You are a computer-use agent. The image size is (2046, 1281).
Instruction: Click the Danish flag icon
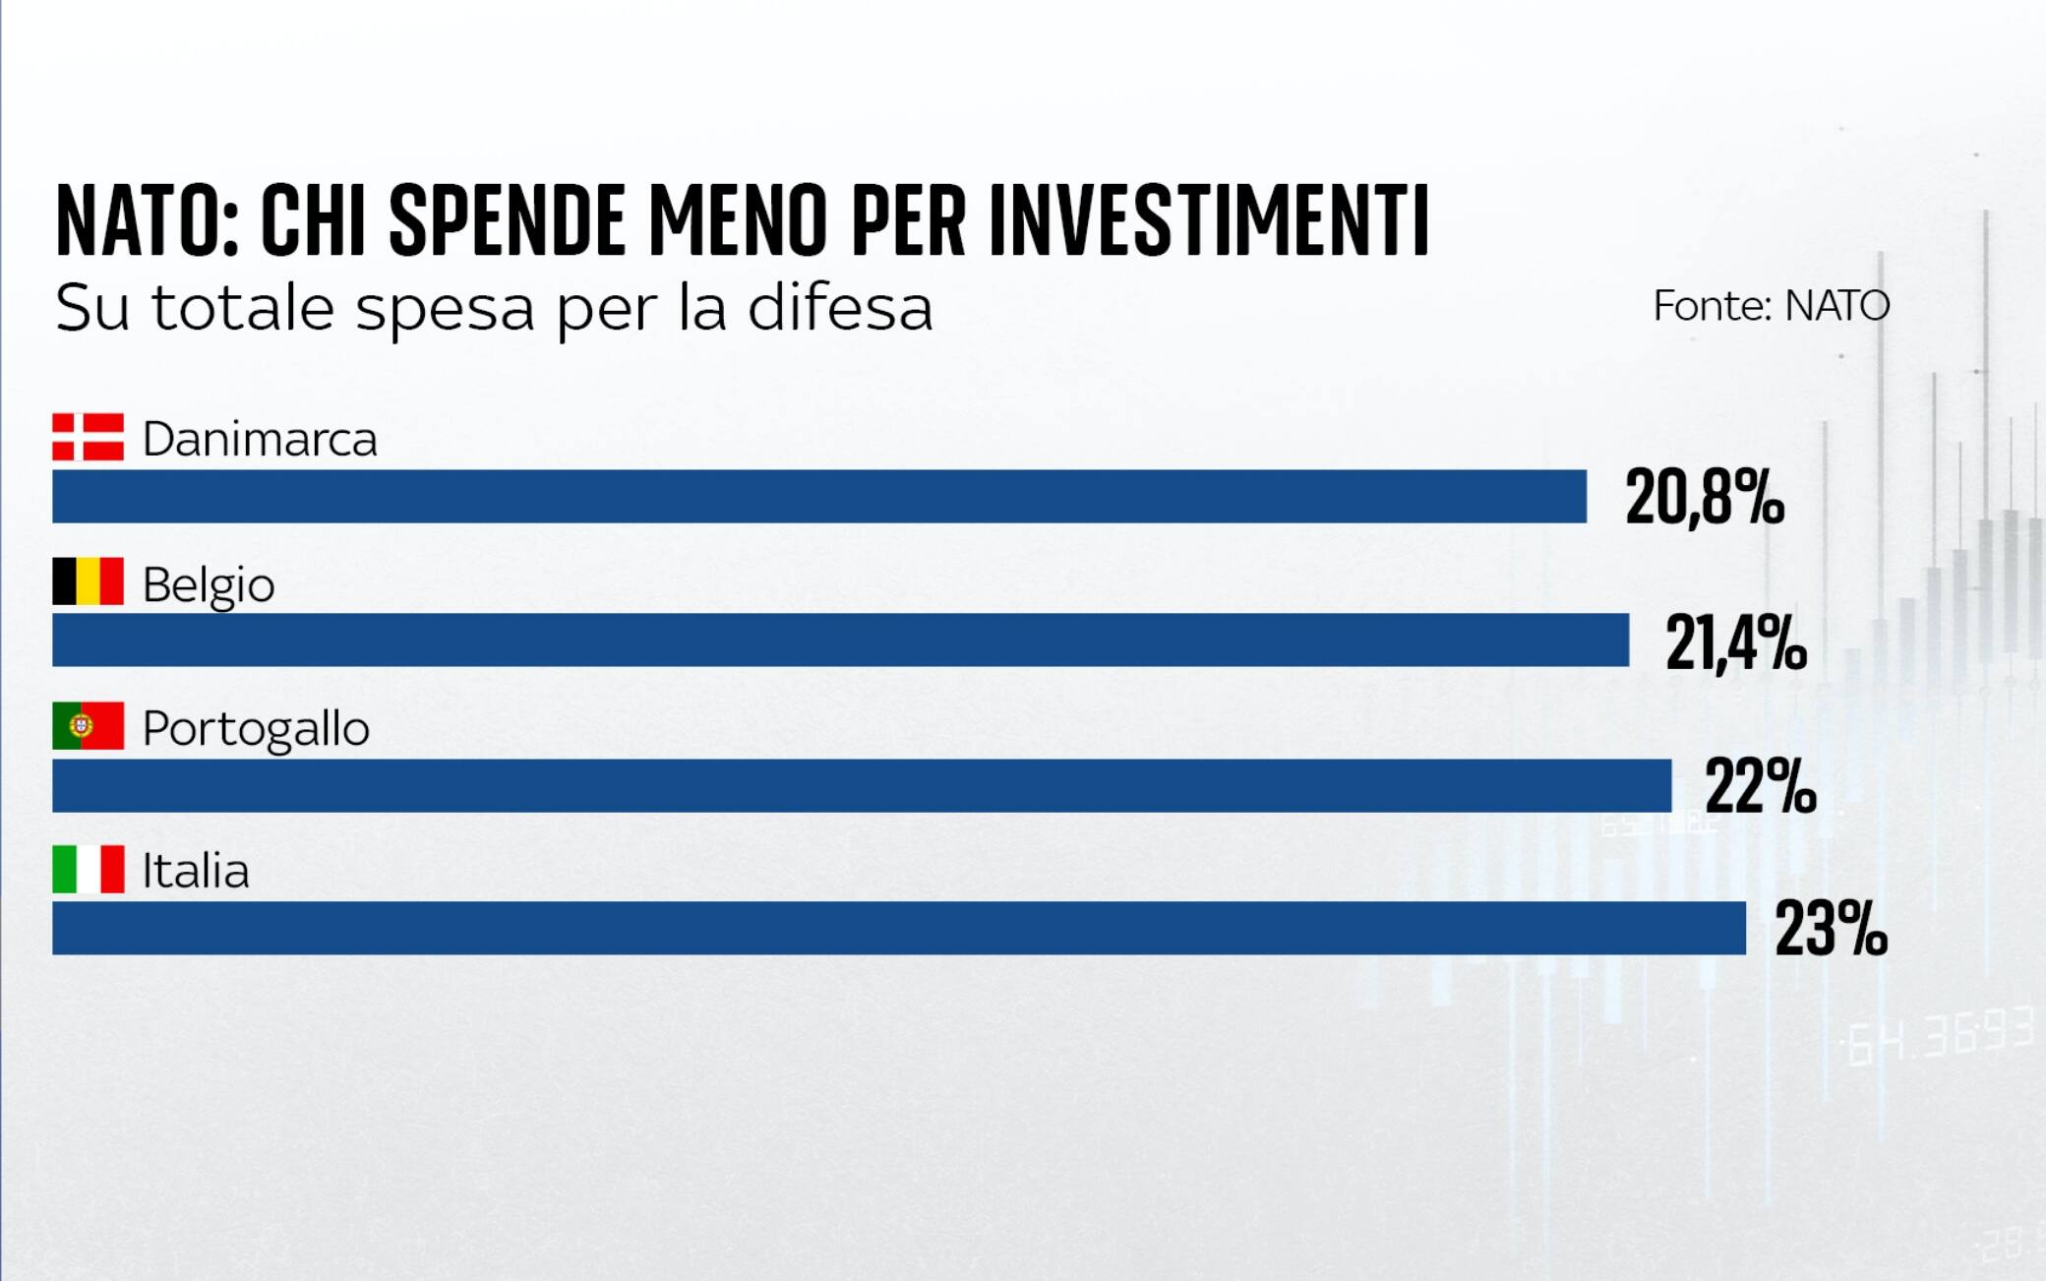click(x=88, y=437)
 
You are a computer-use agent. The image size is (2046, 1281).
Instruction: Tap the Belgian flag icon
click(x=88, y=581)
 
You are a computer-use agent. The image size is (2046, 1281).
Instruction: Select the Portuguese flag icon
click(x=88, y=726)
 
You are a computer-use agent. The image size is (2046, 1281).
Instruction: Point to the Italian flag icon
click(x=88, y=869)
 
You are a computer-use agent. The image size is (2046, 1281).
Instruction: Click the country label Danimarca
click(x=260, y=439)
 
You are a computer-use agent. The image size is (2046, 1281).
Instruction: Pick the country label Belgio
click(x=208, y=584)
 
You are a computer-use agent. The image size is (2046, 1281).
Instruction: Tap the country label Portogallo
click(x=256, y=729)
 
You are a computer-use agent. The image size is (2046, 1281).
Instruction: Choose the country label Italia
click(x=196, y=871)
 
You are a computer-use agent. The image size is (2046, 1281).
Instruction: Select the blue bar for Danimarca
click(x=818, y=496)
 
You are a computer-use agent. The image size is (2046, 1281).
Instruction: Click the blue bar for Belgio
click(x=840, y=640)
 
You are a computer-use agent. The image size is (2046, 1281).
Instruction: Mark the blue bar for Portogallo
click(x=861, y=785)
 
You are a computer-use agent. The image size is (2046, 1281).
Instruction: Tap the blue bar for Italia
click(x=898, y=928)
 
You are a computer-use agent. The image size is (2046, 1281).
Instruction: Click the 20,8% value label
click(x=1704, y=497)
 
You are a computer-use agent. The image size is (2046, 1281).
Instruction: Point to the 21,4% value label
click(x=1735, y=642)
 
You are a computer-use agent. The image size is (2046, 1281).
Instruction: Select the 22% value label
click(x=1760, y=786)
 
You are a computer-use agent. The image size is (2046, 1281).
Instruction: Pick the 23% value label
click(x=1830, y=928)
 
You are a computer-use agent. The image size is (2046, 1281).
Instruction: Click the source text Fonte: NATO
click(x=1771, y=306)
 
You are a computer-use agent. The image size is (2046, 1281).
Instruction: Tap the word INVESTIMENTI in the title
click(x=1209, y=219)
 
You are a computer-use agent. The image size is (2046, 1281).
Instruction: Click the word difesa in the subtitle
click(x=839, y=308)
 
